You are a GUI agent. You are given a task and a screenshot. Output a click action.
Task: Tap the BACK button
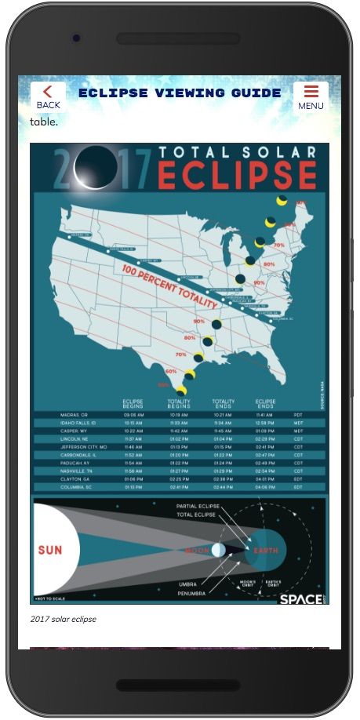point(48,96)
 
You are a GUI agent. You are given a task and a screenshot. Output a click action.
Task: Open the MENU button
point(311,96)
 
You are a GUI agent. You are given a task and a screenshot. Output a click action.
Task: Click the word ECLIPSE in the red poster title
point(238,174)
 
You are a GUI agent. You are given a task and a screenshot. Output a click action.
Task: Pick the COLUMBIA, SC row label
point(78,487)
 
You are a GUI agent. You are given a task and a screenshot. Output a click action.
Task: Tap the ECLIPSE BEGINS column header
point(133,403)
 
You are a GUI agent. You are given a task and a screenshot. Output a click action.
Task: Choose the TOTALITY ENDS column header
point(223,403)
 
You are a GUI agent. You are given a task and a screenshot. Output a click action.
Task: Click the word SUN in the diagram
point(49,550)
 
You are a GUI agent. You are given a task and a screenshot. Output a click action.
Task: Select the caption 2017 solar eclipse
point(64,620)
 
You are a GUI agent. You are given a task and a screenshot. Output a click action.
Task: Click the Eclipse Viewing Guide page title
point(180,93)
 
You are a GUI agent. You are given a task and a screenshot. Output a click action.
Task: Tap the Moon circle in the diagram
point(218,550)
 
